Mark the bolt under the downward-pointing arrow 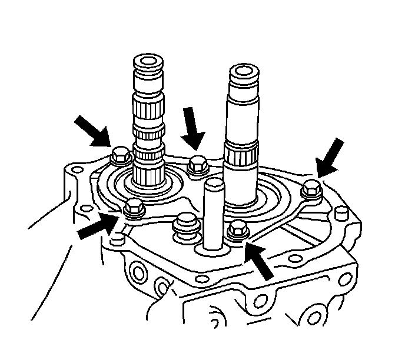click(196, 164)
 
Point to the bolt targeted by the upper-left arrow click(119, 156)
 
